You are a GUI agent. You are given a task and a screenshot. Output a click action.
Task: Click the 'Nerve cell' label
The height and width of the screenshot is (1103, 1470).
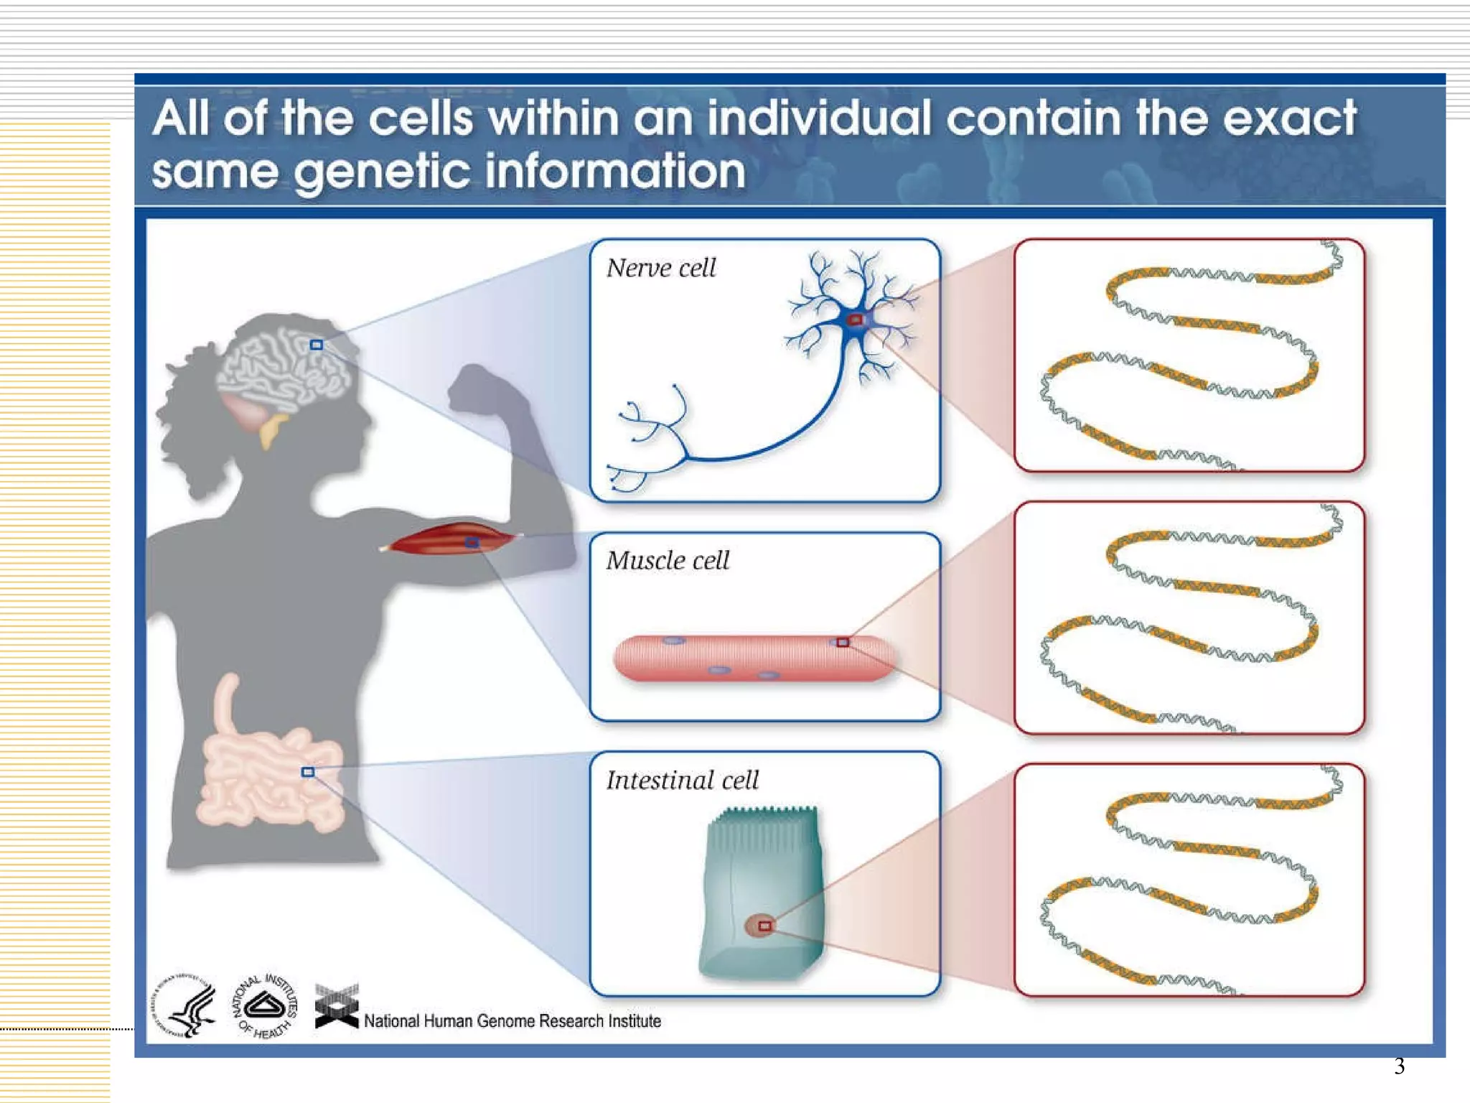tap(660, 269)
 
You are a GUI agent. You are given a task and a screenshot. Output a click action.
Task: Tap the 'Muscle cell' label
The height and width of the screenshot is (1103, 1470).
tap(667, 560)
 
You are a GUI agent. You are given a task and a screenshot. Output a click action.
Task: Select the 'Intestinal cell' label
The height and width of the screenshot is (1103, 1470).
tap(682, 780)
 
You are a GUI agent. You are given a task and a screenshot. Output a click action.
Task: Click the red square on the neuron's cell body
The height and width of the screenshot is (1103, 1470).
tap(855, 320)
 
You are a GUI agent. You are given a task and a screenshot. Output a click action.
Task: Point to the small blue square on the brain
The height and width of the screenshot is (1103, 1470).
tap(316, 345)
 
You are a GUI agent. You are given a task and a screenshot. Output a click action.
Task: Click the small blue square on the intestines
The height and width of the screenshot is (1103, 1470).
tap(308, 772)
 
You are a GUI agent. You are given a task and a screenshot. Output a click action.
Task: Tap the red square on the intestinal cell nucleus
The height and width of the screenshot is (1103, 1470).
tap(764, 926)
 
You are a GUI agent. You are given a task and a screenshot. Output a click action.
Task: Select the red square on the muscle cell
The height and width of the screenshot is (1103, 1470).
tap(843, 642)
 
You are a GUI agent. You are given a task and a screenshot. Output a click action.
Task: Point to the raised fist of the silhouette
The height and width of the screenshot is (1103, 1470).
tap(477, 388)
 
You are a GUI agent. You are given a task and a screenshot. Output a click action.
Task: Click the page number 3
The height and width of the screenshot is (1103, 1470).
tap(1399, 1066)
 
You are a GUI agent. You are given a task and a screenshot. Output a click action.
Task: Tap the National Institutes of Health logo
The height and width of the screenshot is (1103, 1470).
tap(265, 1006)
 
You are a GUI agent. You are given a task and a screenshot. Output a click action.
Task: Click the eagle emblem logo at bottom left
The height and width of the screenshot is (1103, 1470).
tap(184, 1006)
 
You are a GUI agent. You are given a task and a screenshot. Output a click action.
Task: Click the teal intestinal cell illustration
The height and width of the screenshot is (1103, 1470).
tap(761, 890)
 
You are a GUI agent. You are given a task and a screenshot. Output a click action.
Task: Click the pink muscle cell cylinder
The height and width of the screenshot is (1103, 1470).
tap(754, 657)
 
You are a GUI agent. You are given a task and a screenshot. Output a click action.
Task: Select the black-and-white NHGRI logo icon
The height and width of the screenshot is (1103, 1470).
tap(337, 1007)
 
